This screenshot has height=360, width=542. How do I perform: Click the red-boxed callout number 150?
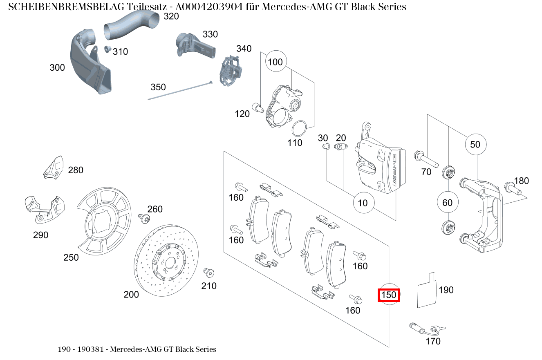[388, 295]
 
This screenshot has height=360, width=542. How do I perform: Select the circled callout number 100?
[275, 62]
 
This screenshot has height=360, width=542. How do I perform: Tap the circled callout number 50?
[475, 145]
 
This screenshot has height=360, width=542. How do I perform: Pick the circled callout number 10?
[363, 203]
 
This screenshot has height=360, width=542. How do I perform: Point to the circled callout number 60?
[448, 203]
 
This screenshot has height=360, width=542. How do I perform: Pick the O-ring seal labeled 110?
[300, 128]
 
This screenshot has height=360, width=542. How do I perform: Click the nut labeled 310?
[108, 49]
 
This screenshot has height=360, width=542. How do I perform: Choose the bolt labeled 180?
[513, 188]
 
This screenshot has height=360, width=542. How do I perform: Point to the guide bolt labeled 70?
[426, 159]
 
